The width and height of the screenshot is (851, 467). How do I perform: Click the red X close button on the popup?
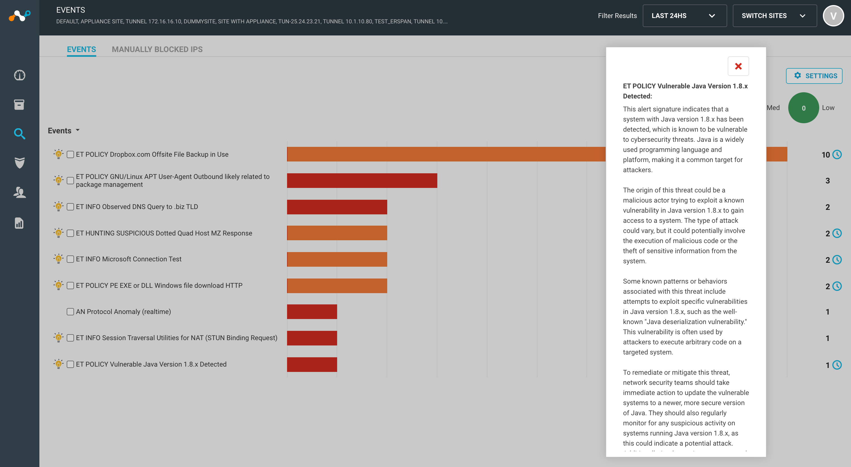[738, 66]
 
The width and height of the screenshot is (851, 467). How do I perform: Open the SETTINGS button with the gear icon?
[814, 76]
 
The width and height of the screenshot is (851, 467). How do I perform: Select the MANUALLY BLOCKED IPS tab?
[157, 49]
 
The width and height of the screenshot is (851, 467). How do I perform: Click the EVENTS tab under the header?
[81, 49]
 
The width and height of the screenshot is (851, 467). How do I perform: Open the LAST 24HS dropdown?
[684, 15]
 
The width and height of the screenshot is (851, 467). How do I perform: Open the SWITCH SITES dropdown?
[775, 15]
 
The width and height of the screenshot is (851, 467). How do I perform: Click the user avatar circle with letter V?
[834, 15]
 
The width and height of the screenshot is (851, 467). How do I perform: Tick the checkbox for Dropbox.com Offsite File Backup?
[70, 154]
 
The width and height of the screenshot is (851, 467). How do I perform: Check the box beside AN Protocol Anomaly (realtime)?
[70, 311]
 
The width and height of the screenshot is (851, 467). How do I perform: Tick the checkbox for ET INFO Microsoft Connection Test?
[70, 259]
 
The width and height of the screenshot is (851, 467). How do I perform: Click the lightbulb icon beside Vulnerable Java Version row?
[59, 364]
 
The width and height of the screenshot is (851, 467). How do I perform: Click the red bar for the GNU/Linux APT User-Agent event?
[362, 180]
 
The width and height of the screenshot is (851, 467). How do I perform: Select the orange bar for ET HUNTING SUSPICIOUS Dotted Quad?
[337, 233]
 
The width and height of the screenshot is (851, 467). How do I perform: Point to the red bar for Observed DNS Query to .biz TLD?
[337, 207]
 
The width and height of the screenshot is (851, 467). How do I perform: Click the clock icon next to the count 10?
[837, 154]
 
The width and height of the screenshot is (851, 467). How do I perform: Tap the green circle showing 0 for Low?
[803, 108]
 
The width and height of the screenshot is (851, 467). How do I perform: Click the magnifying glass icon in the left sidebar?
[19, 134]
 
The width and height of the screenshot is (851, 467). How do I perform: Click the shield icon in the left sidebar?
[19, 163]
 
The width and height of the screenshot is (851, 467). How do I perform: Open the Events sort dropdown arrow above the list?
[78, 130]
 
